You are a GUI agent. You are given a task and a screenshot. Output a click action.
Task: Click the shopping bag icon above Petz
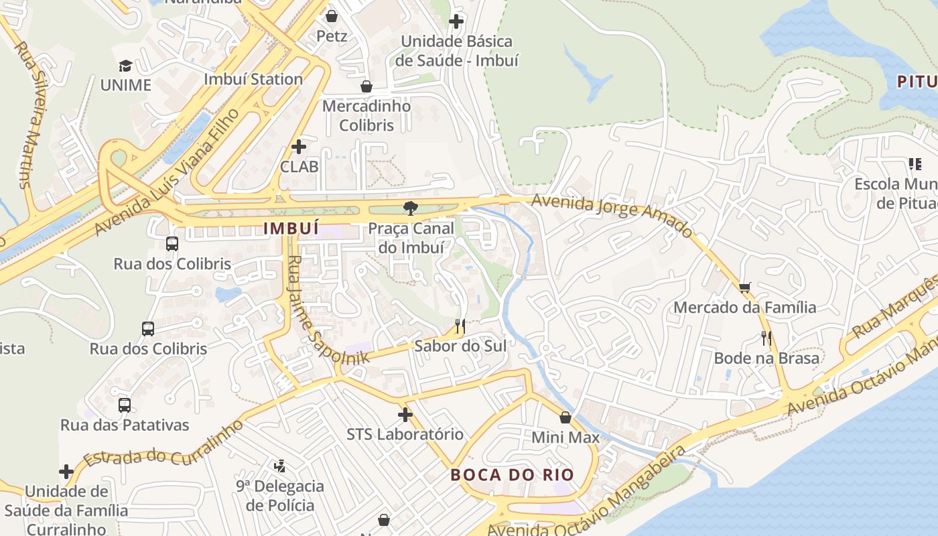(331, 15)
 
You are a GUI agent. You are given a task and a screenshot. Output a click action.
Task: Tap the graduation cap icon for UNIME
(125, 66)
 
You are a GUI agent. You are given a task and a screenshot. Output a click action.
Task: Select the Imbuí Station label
(253, 79)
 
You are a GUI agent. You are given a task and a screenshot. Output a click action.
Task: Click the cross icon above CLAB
(299, 146)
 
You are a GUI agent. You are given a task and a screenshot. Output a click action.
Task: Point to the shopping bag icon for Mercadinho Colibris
(366, 86)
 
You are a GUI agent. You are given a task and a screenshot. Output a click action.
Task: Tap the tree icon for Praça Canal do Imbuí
(410, 208)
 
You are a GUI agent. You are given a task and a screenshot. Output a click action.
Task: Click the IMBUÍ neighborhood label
(291, 228)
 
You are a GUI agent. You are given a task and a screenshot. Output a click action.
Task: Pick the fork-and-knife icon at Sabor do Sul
(460, 326)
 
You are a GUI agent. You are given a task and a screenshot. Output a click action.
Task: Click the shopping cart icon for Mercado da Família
(744, 287)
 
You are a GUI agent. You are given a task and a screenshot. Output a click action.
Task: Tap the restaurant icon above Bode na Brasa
(766, 338)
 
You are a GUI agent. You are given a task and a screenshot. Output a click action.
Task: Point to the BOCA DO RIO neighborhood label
(512, 475)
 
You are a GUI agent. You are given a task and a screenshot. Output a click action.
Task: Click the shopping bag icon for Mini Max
(565, 417)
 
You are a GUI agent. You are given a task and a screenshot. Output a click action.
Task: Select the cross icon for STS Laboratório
(405, 415)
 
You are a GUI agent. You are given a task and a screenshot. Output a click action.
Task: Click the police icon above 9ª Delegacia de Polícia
(280, 466)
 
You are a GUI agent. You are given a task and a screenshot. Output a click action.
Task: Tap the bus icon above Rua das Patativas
(125, 405)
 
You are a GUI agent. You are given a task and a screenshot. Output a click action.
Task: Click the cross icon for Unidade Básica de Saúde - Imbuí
(456, 21)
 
